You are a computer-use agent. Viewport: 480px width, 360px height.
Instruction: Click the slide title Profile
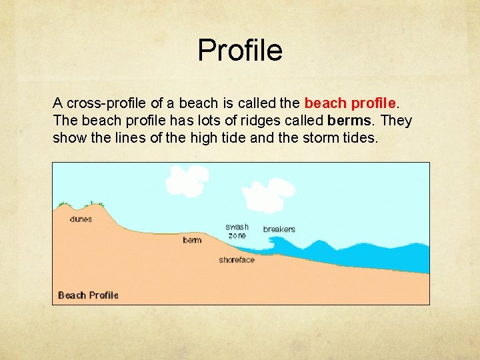pyautogui.click(x=240, y=50)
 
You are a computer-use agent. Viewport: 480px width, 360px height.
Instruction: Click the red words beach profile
pyautogui.click(x=351, y=103)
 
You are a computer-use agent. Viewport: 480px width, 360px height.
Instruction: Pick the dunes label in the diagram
pyautogui.click(x=81, y=219)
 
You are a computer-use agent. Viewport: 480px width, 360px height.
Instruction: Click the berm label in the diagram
pyautogui.click(x=192, y=240)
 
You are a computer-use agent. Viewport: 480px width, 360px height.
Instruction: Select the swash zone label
pyautogui.click(x=237, y=231)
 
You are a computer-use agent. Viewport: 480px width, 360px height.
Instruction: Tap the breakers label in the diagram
pyautogui.click(x=279, y=229)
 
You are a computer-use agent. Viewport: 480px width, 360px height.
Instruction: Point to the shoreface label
pyautogui.click(x=237, y=260)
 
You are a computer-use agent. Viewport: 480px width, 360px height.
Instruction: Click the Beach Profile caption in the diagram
pyautogui.click(x=88, y=295)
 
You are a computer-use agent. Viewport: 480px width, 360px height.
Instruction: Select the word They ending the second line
pyautogui.click(x=397, y=121)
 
